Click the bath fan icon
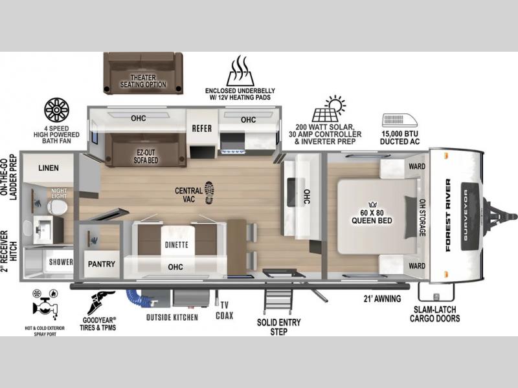[x=56, y=110]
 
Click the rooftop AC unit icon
[x=400, y=120]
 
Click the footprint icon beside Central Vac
[x=209, y=193]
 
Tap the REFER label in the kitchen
[x=202, y=128]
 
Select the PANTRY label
[x=102, y=264]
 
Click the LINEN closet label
[x=48, y=168]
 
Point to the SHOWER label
[x=61, y=262]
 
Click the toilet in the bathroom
[x=57, y=207]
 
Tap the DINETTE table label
[x=176, y=245]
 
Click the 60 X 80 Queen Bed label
[x=372, y=217]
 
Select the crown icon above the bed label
[x=372, y=204]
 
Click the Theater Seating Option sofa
[x=143, y=73]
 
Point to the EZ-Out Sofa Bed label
[x=146, y=156]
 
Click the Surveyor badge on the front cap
[x=470, y=216]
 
